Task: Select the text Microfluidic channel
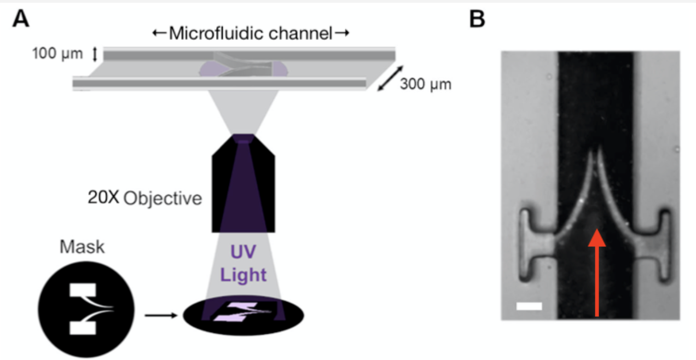pyautogui.click(x=251, y=34)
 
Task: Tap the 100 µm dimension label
pyautogui.click(x=57, y=54)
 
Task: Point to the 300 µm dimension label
pyautogui.click(x=426, y=85)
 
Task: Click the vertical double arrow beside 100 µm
pyautogui.click(x=94, y=54)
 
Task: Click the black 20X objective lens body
pyautogui.click(x=243, y=186)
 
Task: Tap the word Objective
pyautogui.click(x=163, y=198)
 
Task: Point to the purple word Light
pyautogui.click(x=243, y=275)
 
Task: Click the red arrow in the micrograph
pyautogui.click(x=598, y=274)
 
